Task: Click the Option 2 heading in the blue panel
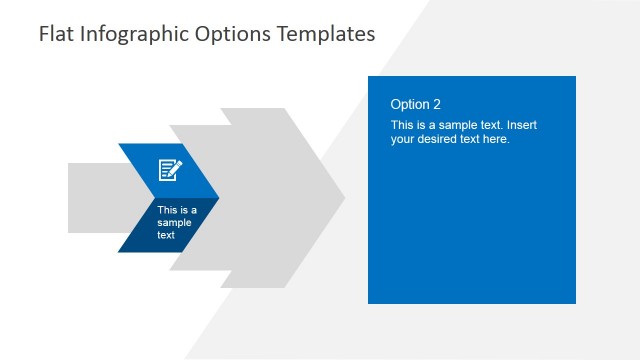pos(415,104)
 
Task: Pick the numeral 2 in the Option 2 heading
pos(436,104)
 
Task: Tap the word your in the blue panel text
pos(403,139)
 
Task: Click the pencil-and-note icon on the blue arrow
pos(171,170)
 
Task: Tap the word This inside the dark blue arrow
pos(167,210)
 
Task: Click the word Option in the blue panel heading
pos(409,104)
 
